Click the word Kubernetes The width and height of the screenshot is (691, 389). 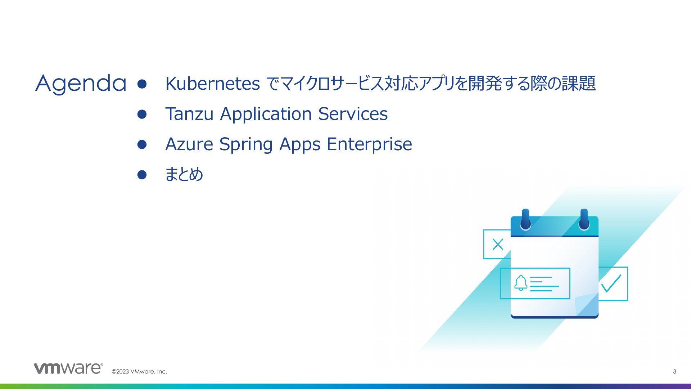click(x=212, y=84)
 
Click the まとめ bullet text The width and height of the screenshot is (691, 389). click(x=184, y=174)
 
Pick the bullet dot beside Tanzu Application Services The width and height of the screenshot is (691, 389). click(x=142, y=114)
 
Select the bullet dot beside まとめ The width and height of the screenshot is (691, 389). click(x=142, y=175)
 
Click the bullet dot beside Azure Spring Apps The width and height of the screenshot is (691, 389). click(x=142, y=144)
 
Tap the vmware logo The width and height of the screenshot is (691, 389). click(x=68, y=368)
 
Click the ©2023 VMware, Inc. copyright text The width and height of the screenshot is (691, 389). click(x=139, y=371)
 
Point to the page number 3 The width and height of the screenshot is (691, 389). click(x=674, y=371)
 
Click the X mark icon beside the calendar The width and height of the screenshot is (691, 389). click(x=498, y=245)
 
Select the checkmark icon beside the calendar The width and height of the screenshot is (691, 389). click(x=611, y=283)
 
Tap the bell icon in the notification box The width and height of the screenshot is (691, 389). click(x=521, y=283)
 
